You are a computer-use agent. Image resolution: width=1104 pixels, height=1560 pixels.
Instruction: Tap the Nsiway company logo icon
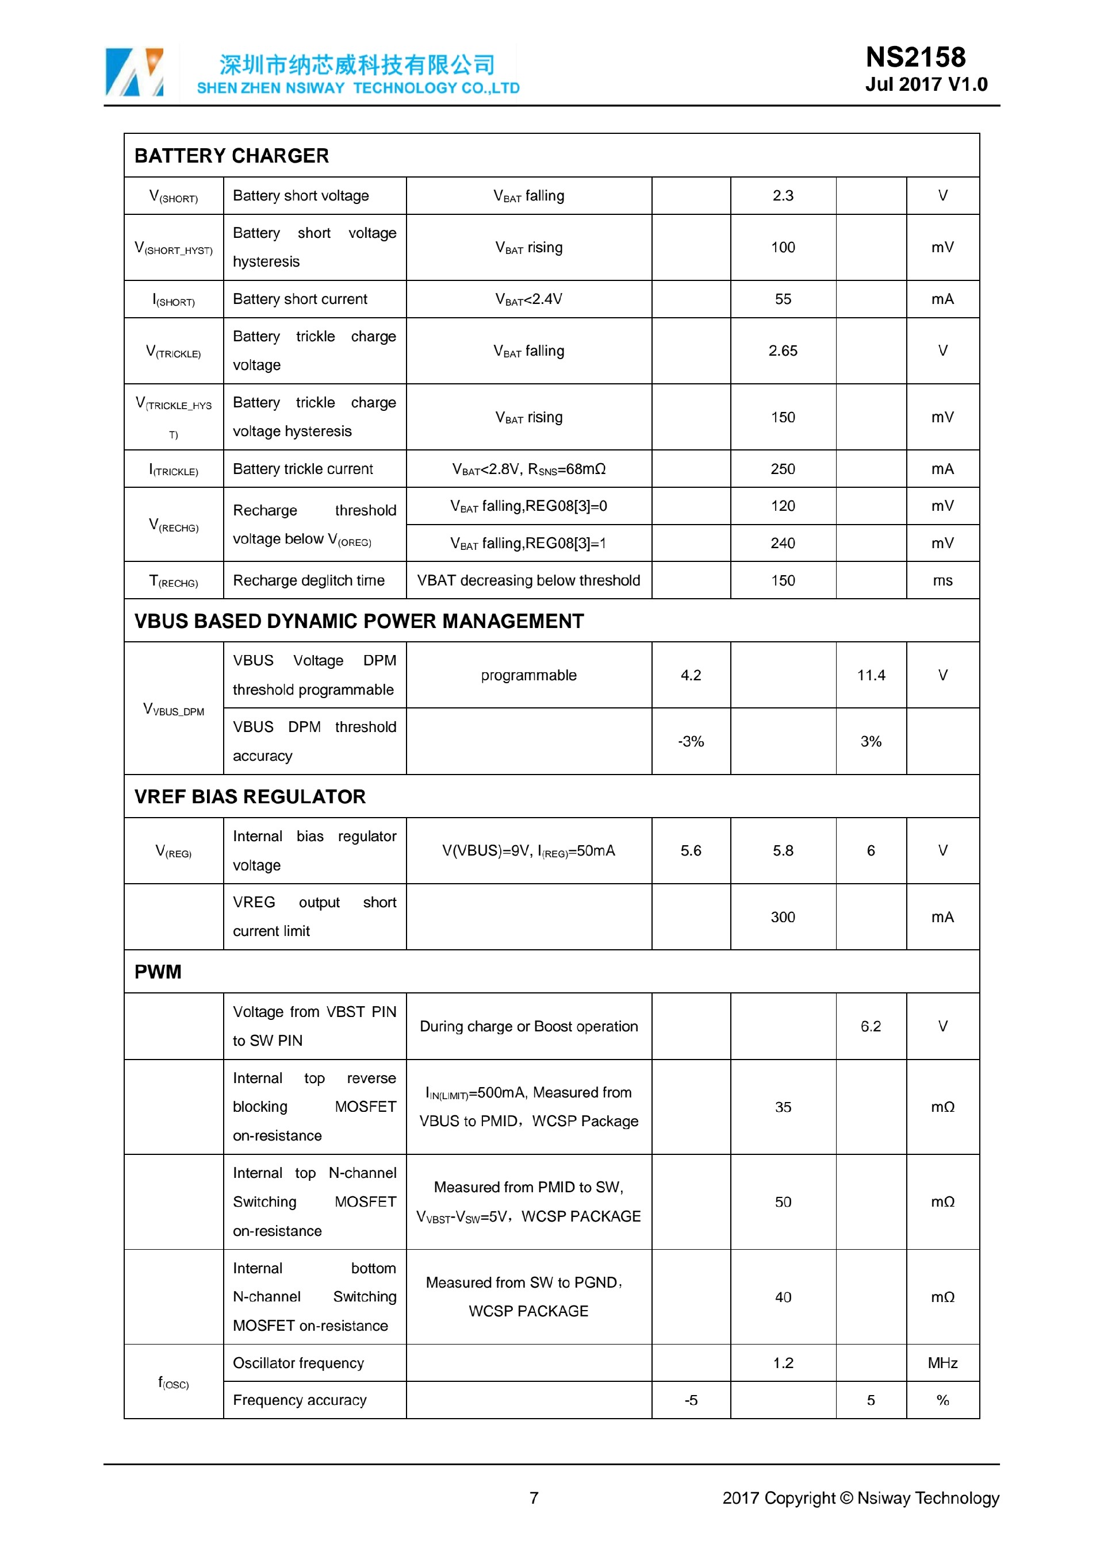pyautogui.click(x=135, y=71)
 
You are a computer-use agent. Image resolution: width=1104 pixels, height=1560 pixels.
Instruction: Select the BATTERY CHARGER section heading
pyautogui.click(x=231, y=156)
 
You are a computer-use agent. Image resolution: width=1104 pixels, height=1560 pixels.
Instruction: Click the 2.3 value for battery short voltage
pyautogui.click(x=783, y=196)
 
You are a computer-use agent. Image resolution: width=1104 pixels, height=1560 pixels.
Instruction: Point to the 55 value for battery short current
pyautogui.click(x=783, y=299)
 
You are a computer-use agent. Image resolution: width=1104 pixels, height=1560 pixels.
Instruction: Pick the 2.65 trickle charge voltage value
pyautogui.click(x=783, y=350)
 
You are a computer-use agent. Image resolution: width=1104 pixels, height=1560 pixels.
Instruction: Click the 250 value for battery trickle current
pyautogui.click(x=783, y=469)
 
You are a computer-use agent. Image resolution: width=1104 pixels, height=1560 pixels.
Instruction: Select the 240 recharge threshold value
pyautogui.click(x=783, y=543)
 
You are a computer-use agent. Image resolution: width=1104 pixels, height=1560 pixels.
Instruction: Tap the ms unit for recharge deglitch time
pyautogui.click(x=942, y=580)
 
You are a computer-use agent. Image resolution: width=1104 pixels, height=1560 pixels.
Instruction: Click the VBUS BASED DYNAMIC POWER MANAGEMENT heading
pyautogui.click(x=359, y=621)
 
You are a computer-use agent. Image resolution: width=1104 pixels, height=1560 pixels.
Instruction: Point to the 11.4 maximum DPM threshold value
pyautogui.click(x=871, y=675)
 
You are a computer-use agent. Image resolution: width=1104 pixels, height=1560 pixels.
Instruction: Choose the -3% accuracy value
pyautogui.click(x=691, y=741)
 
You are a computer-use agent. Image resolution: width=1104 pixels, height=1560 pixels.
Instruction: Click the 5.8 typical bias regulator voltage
pyautogui.click(x=783, y=850)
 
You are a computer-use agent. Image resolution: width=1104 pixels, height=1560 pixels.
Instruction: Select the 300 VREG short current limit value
pyautogui.click(x=783, y=917)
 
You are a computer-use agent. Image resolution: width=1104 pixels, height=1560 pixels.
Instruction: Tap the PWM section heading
pyautogui.click(x=158, y=972)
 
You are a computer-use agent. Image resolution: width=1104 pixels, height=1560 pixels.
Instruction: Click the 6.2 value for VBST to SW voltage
pyautogui.click(x=871, y=1026)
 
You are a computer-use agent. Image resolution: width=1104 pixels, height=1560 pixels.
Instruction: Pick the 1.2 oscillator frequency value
pyautogui.click(x=783, y=1363)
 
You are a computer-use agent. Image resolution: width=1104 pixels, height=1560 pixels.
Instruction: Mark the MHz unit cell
pyautogui.click(x=942, y=1363)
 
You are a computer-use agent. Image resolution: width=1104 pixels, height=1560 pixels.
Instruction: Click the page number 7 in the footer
pyautogui.click(x=534, y=1498)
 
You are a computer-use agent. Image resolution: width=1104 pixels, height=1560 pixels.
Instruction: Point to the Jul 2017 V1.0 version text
pyautogui.click(x=926, y=84)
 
